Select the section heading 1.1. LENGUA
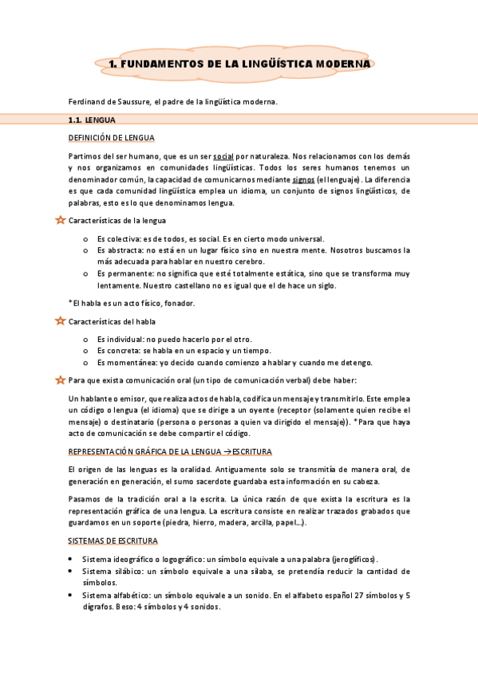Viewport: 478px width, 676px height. coord(93,120)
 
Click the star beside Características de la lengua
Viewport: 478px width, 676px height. coord(60,220)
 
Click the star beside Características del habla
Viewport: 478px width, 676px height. coord(60,321)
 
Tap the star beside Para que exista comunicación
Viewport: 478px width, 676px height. coord(60,379)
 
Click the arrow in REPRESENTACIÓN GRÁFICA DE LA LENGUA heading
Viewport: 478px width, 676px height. coord(223,452)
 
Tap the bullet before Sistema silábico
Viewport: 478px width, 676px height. coord(74,572)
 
